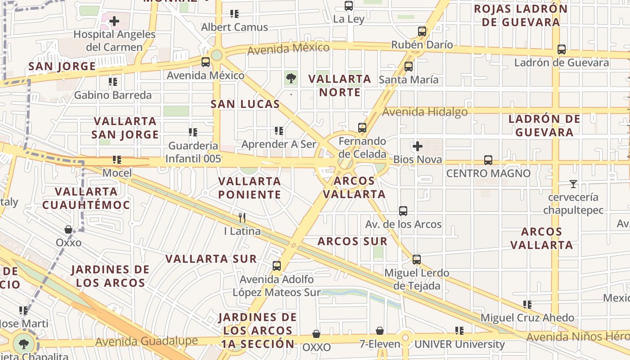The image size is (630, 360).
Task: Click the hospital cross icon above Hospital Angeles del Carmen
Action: tap(114, 21)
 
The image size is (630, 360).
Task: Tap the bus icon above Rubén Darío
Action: tap(422, 31)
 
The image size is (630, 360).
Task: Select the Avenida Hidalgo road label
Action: tap(425, 111)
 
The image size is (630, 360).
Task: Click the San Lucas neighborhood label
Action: tap(245, 104)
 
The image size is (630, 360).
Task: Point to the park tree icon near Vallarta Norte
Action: tap(291, 79)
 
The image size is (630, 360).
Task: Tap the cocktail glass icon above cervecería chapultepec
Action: tap(573, 184)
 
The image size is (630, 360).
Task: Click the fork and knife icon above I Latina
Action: tap(242, 218)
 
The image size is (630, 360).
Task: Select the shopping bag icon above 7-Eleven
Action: tap(380, 331)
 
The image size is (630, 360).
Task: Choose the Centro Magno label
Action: tap(488, 173)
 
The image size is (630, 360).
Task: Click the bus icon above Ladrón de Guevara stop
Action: tap(561, 49)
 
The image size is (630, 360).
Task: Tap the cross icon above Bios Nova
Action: tap(417, 146)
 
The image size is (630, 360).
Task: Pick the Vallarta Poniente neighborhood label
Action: tap(249, 188)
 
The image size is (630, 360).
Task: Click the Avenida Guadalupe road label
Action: tap(146, 342)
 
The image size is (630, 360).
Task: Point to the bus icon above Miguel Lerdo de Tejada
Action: tap(416, 260)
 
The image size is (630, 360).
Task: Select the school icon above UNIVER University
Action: tap(459, 331)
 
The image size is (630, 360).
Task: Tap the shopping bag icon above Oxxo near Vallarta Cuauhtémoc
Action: tap(68, 229)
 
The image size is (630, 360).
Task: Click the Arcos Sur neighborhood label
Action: tap(352, 241)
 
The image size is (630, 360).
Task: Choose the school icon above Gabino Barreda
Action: tap(112, 82)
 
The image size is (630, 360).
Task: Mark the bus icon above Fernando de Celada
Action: tap(362, 128)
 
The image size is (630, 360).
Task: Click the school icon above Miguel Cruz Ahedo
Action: tap(527, 305)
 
